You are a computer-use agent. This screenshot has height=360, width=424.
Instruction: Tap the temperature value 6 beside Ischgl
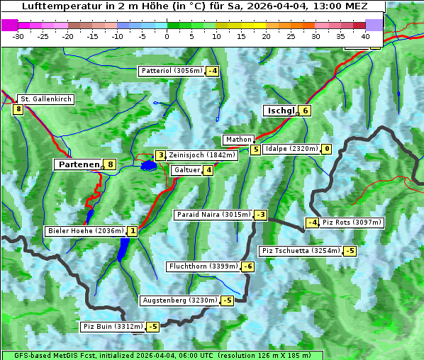pyautogui.click(x=305, y=111)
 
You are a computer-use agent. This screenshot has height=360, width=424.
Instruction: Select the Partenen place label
pyautogui.click(x=78, y=164)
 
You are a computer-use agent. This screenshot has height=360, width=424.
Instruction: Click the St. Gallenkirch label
pyautogui.click(x=45, y=99)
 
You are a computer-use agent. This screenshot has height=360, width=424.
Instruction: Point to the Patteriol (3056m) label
pyautogui.click(x=172, y=71)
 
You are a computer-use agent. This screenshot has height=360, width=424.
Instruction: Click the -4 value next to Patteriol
pyautogui.click(x=212, y=71)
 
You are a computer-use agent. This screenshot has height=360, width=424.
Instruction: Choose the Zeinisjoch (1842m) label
pyautogui.click(x=201, y=155)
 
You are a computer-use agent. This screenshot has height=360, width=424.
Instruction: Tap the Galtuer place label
pyautogui.click(x=186, y=170)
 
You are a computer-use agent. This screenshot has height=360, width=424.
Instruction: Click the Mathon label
pyautogui.click(x=238, y=140)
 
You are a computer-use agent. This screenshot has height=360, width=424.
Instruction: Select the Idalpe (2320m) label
pyautogui.click(x=291, y=149)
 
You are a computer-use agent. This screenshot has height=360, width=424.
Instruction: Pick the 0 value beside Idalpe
pyautogui.click(x=326, y=149)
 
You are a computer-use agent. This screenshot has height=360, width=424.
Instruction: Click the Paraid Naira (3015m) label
pyautogui.click(x=213, y=215)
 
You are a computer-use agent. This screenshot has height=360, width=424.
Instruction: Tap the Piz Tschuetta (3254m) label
pyautogui.click(x=301, y=251)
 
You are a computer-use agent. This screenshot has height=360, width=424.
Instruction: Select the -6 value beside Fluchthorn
pyautogui.click(x=247, y=266)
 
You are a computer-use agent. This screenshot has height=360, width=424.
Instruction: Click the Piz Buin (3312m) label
pyautogui.click(x=112, y=327)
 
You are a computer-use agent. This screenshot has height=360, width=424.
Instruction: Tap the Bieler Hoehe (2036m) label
pyautogui.click(x=85, y=231)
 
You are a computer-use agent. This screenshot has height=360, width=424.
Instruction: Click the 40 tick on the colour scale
pyautogui.click(x=365, y=36)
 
